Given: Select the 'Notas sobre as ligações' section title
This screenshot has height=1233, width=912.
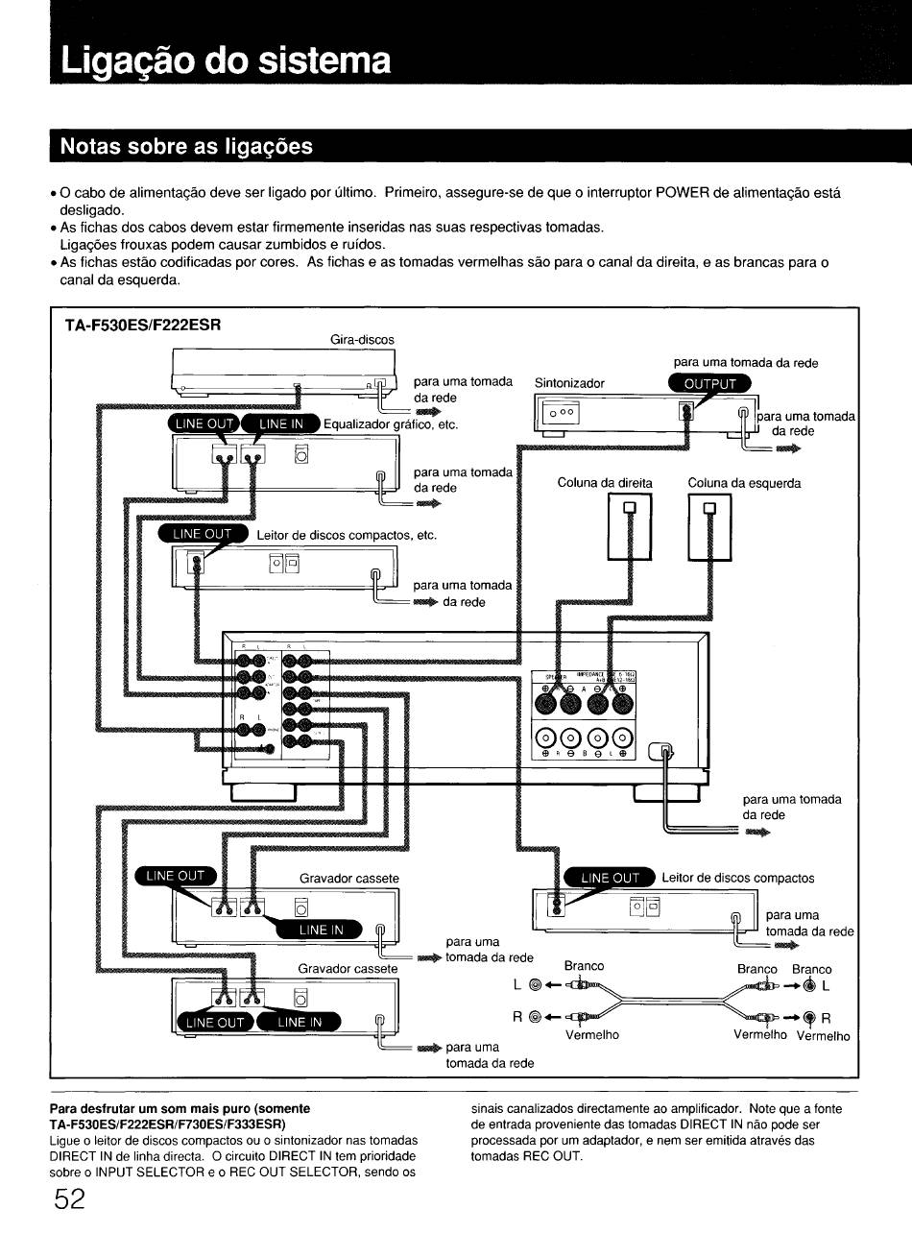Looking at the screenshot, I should (x=186, y=146).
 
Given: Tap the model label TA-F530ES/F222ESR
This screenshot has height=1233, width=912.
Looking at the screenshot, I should (x=143, y=325).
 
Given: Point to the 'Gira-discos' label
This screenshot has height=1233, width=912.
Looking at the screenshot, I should (x=362, y=339).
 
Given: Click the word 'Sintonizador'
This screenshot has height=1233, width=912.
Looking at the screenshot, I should (x=569, y=382).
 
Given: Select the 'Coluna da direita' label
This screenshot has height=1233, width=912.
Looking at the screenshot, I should (x=605, y=483).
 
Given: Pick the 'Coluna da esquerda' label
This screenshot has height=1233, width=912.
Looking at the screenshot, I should (x=744, y=483).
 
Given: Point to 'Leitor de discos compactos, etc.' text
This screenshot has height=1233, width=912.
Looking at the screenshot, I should (x=347, y=535).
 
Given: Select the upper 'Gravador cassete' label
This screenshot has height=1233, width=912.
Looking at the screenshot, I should (x=348, y=878).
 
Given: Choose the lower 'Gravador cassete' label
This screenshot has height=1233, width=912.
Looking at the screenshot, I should (x=348, y=968).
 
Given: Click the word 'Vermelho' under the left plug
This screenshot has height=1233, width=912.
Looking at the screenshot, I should (x=592, y=1034).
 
